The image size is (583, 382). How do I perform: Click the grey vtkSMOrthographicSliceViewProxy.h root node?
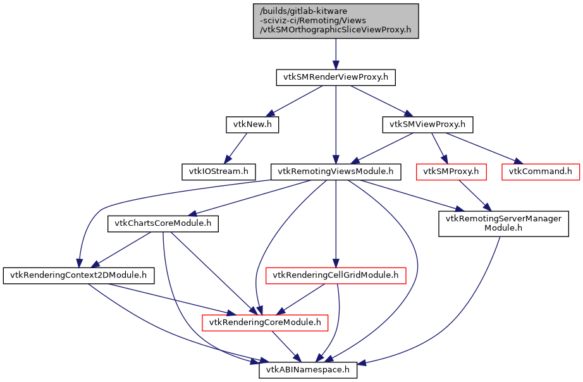click(336, 21)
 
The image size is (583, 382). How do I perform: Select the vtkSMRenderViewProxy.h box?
click(336, 78)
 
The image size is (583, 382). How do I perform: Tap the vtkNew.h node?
click(252, 125)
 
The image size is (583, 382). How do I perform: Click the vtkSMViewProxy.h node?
click(427, 125)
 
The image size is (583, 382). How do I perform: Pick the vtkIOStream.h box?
click(218, 171)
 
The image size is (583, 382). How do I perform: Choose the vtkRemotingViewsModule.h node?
click(336, 171)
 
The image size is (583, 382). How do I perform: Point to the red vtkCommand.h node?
click(541, 171)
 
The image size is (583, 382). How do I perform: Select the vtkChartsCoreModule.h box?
click(163, 223)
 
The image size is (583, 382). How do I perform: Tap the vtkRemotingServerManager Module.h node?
click(504, 223)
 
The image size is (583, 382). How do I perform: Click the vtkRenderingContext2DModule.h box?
click(78, 275)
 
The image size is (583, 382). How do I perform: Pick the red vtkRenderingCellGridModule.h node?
click(336, 275)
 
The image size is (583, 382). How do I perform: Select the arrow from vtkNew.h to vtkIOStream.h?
click(235, 148)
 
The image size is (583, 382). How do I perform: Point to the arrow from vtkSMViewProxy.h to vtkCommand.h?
click(484, 148)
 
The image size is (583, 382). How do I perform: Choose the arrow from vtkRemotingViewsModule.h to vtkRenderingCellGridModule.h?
click(336, 221)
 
